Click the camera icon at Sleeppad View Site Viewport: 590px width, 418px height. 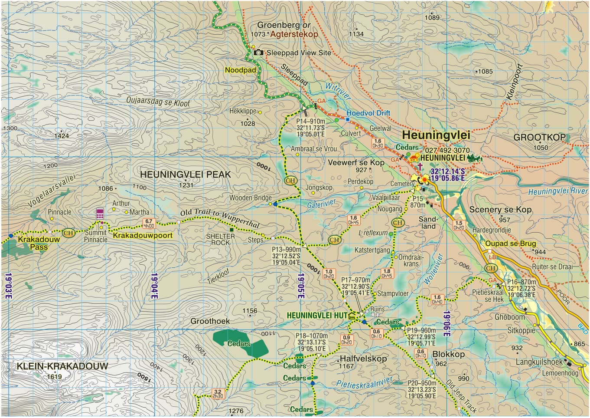(258, 53)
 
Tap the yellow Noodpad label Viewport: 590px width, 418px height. (240, 70)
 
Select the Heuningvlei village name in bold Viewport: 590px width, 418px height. (436, 135)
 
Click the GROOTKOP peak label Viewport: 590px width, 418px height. (539, 138)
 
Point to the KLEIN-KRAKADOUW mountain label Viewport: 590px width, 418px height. (62, 366)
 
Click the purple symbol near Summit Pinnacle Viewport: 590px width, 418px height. (100, 213)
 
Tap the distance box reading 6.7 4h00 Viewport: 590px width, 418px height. (149, 224)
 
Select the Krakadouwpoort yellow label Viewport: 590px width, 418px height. (143, 235)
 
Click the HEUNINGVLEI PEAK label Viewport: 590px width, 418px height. (185, 174)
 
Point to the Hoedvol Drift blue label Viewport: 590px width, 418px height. (368, 113)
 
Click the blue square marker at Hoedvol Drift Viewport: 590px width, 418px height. (348, 119)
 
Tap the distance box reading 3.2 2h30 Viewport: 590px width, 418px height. (218, 394)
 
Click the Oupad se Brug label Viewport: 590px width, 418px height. (510, 244)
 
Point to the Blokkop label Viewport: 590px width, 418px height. (448, 354)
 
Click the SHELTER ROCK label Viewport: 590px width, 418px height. (220, 240)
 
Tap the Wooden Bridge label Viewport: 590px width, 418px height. (250, 198)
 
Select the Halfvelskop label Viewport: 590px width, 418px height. (363, 359)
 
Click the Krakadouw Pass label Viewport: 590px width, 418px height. (39, 243)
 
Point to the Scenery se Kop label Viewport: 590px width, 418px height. (500, 210)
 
